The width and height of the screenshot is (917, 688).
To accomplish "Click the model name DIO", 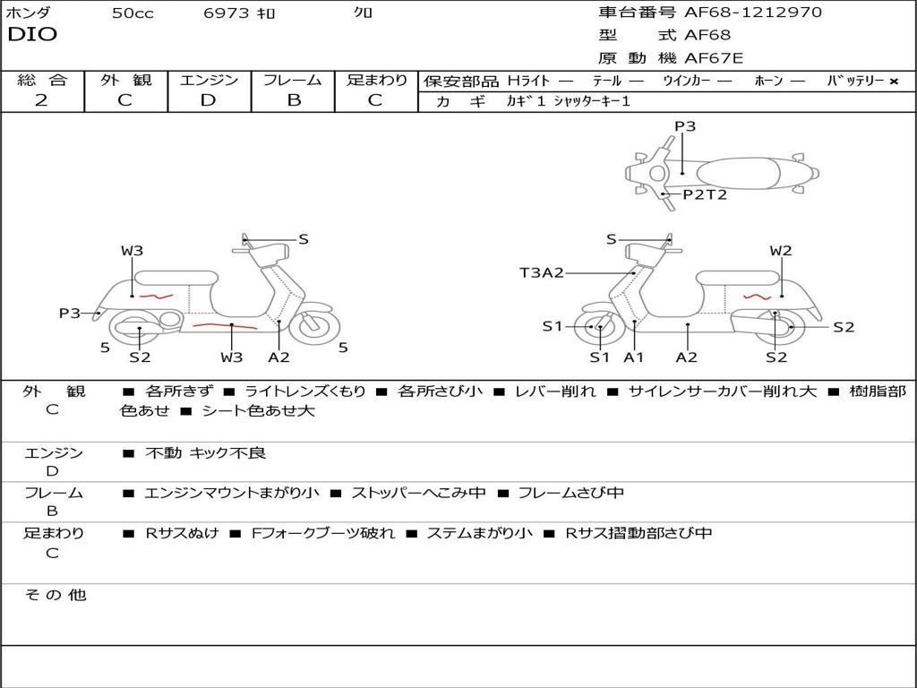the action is coord(32,35).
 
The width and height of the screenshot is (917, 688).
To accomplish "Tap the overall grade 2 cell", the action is coord(41,100).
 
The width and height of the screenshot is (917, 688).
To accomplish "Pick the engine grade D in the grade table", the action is coord(209,100).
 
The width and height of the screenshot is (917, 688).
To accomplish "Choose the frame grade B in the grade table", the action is coord(293,100).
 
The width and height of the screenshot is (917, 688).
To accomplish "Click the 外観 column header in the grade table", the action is coord(125,80).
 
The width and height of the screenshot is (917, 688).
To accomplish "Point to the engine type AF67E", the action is coord(714,59).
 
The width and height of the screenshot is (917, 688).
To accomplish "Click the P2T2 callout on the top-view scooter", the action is coord(705,194).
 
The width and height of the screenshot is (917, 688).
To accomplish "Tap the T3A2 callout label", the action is coord(542,272).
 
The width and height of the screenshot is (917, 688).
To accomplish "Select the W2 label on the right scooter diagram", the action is coord(781,251).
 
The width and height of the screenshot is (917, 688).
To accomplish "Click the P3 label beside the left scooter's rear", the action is coord(70,314).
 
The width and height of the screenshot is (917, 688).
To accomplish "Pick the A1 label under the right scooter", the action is coord(634,357).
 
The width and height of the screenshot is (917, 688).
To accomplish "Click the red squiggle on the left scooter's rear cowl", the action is coord(156,296).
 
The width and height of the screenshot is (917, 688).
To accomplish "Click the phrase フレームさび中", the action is coord(571,493).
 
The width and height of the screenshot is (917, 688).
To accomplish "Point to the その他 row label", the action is coord(55,595).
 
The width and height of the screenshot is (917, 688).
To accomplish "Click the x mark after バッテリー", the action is coord(894,81).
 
